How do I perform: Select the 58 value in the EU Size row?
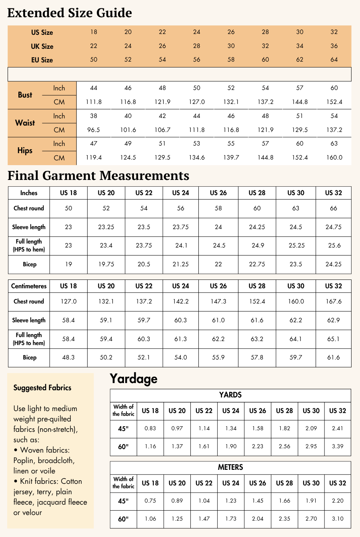231,60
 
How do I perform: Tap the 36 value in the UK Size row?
334,46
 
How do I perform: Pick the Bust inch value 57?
300,88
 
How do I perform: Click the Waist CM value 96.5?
94,130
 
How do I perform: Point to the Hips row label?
25,151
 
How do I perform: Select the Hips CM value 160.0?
334,158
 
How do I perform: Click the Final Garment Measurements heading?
98,176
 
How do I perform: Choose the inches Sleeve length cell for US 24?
181,227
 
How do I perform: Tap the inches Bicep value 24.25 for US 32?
334,264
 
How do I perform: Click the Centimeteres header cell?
29,286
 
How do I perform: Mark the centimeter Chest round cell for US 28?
257,301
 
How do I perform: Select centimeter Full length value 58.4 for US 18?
68,339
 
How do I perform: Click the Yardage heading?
134,379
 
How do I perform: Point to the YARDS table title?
230,395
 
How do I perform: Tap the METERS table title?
230,467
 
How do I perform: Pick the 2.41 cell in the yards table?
338,429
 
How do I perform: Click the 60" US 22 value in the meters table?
204,519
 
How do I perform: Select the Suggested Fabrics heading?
42,388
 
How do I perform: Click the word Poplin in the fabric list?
23,461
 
